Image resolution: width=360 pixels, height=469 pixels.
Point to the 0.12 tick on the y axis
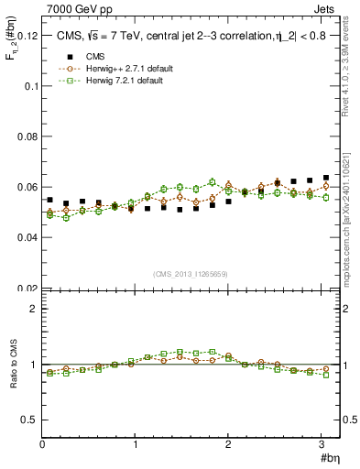pyautogui.click(x=27, y=36)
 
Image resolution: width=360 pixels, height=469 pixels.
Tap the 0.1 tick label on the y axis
pyautogui.click(x=30, y=86)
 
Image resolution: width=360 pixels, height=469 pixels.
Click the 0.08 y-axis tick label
pyautogui.click(x=27, y=136)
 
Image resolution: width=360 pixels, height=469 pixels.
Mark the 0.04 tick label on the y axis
pyautogui.click(x=27, y=237)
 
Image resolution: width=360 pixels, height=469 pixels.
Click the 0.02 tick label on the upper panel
pyautogui.click(x=27, y=288)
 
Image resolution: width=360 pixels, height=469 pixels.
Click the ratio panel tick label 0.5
pyautogui.click(x=28, y=420)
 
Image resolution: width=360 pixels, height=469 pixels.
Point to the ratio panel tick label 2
pyautogui.click(x=34, y=309)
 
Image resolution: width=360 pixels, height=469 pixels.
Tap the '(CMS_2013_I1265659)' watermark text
pyautogui.click(x=191, y=274)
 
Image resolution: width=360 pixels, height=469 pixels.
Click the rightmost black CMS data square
pyautogui.click(x=326, y=178)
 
